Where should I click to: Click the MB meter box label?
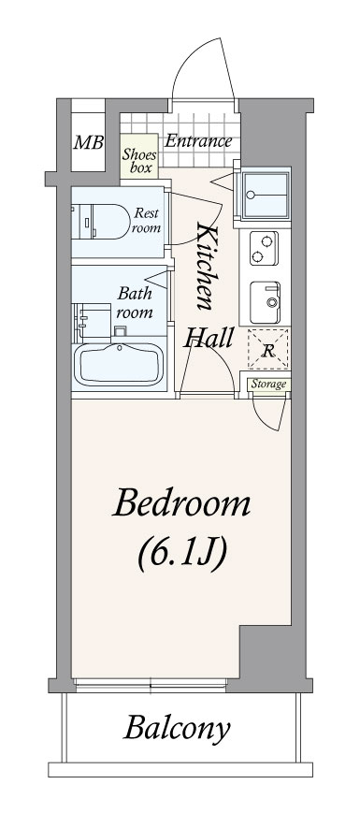[x=88, y=142]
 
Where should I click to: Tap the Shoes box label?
[x=140, y=161]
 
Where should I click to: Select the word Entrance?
[x=198, y=141]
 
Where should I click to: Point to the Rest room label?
[x=146, y=221]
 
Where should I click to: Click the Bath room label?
[x=135, y=302]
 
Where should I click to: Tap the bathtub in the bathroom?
[x=119, y=364]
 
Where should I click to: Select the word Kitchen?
[x=206, y=266]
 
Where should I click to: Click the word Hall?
[x=208, y=337]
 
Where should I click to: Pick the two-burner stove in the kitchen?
[x=264, y=248]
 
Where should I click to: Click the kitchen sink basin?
[x=265, y=302]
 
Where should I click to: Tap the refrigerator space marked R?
[x=268, y=349]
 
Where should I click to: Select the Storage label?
[x=268, y=384]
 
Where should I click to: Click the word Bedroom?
[x=181, y=504]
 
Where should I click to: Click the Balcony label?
[x=178, y=729]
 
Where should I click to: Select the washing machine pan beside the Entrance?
[x=266, y=196]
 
